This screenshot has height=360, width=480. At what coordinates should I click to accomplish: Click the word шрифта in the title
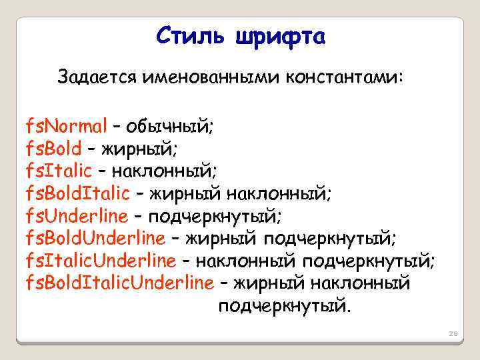[x=280, y=37]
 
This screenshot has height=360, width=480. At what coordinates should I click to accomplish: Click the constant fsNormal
[x=66, y=125]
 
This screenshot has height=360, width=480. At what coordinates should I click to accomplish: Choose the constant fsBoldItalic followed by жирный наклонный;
[x=77, y=193]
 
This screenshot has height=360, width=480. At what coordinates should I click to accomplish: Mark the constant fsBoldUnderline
[x=95, y=237]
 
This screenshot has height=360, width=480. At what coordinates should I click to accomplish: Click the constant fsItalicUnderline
[x=101, y=260]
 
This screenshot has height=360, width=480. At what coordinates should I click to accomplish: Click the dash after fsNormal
[x=116, y=125]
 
